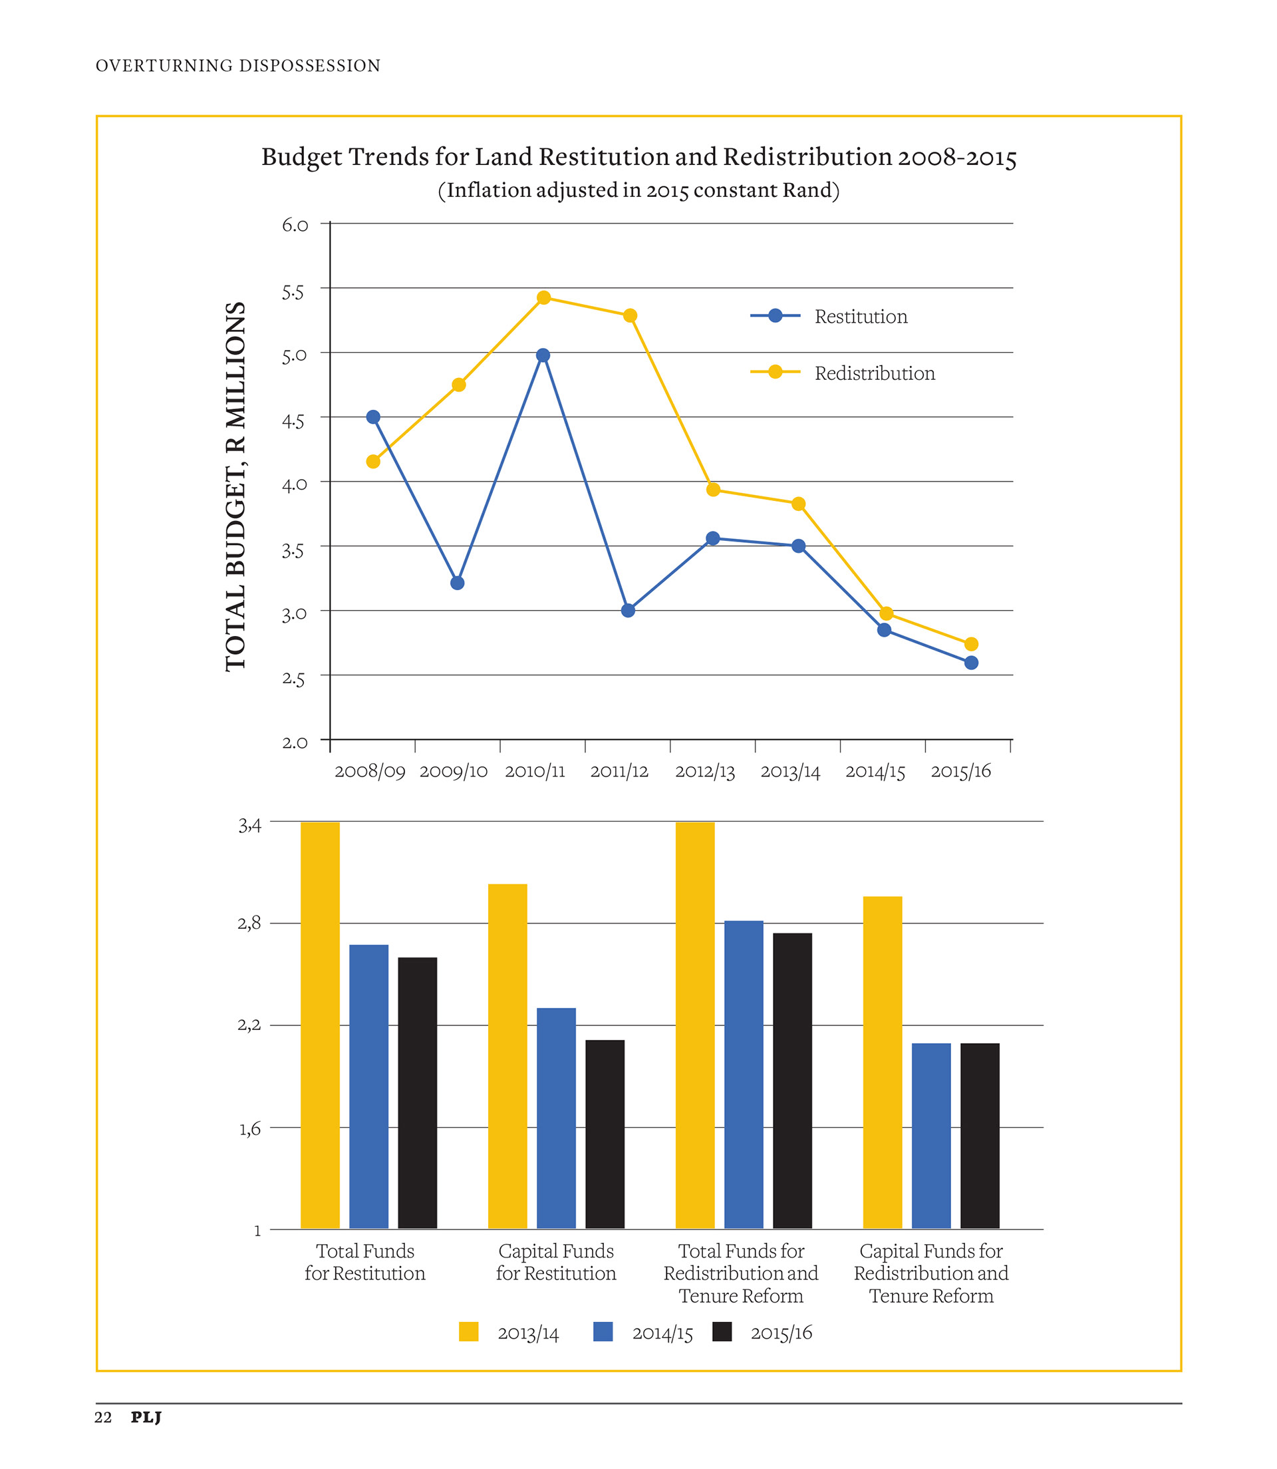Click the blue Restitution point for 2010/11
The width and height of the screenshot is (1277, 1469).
[543, 355]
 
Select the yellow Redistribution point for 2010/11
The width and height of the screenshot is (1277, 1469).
[544, 297]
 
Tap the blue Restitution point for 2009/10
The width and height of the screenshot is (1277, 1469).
[458, 583]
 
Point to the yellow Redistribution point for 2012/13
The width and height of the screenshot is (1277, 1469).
[713, 490]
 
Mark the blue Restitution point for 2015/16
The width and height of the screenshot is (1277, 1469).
[971, 663]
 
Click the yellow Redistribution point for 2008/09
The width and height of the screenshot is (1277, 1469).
[372, 462]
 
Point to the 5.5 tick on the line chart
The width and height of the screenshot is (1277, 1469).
[293, 292]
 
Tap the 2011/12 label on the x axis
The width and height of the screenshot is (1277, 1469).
[619, 771]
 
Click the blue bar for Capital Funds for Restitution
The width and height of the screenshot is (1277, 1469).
[556, 1118]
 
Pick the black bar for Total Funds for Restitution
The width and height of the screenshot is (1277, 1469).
[418, 1092]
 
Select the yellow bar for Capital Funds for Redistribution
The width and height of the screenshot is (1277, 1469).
[882, 1062]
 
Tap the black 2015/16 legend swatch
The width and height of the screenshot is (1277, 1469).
[722, 1332]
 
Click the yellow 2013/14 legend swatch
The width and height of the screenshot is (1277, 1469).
[469, 1332]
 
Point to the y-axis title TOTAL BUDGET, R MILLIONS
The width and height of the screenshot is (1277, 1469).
[236, 486]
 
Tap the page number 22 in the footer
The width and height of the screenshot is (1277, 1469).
[103, 1417]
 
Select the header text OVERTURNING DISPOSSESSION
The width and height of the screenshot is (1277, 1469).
[238, 66]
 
